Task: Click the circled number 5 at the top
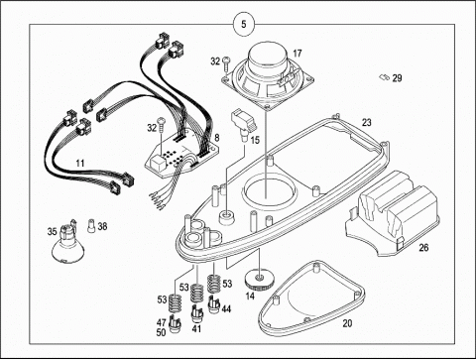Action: click(244, 24)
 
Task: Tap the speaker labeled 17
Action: click(268, 75)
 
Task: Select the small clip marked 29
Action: click(384, 77)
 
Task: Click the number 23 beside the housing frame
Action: click(367, 122)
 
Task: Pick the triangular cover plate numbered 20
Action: click(311, 299)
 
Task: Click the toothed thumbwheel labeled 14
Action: click(260, 281)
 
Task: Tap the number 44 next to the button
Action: click(226, 309)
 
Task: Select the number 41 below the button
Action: click(196, 328)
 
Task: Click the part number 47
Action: click(162, 322)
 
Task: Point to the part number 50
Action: click(162, 332)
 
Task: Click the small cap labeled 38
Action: click(91, 226)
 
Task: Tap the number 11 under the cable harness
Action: click(80, 163)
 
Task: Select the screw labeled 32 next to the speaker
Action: click(227, 63)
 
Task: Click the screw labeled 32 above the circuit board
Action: click(162, 125)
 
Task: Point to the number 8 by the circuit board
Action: click(217, 137)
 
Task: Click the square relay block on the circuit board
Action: click(156, 164)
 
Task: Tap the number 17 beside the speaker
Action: click(297, 53)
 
